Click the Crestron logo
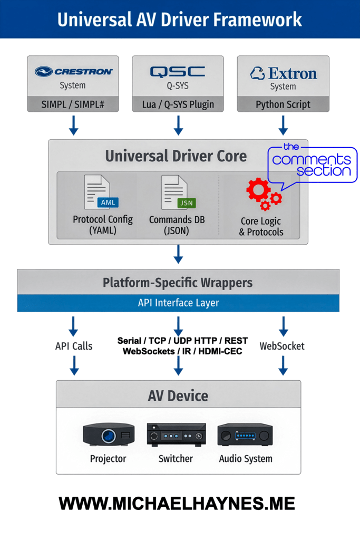73,72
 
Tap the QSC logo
178,72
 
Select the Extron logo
283,73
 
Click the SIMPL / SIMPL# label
73,104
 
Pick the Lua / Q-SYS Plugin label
178,104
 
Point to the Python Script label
283,104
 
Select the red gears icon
262,194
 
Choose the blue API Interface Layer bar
178,303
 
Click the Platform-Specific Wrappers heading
178,282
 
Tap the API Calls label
74,346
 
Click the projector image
108,435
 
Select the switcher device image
176,435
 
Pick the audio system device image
245,435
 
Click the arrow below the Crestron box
73,126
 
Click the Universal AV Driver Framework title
180,20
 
